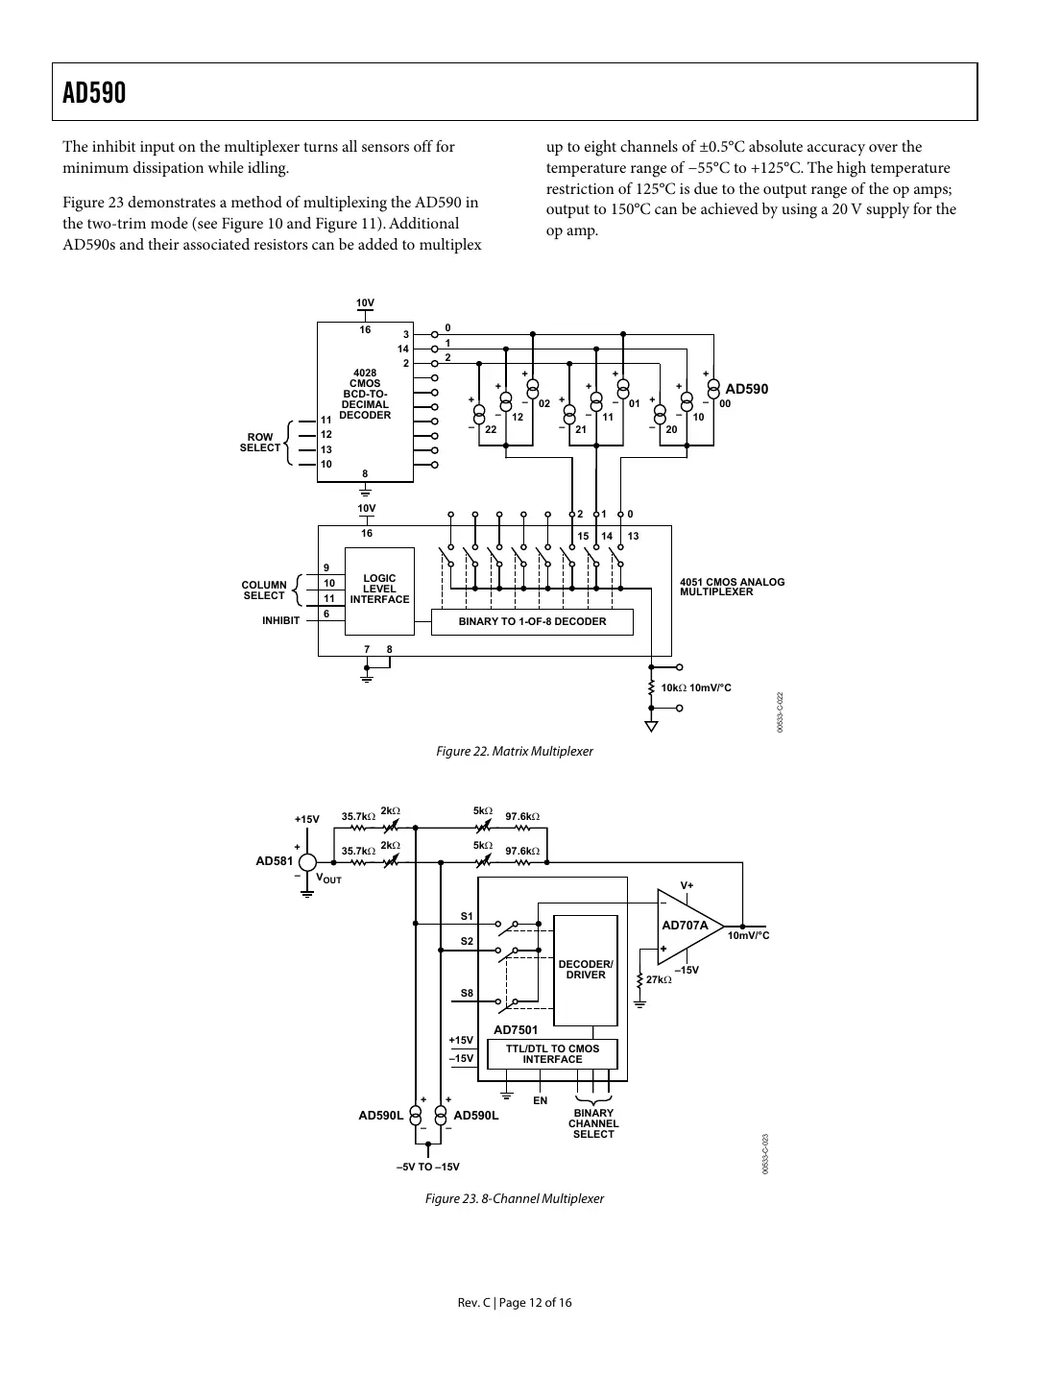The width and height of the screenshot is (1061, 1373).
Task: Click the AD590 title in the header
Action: pos(94,93)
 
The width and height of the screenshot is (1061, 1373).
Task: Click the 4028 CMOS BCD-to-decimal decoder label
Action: pos(365,394)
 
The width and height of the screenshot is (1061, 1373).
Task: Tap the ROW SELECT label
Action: pos(260,443)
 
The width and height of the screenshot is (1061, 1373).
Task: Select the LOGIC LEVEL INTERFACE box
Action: pos(379,590)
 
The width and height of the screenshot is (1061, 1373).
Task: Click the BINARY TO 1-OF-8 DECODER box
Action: pos(532,621)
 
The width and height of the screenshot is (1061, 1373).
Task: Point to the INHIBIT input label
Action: pos(280,620)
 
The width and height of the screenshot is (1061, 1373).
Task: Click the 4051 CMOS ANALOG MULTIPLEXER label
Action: pos(732,587)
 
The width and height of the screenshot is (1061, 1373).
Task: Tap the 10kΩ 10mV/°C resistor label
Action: pos(696,687)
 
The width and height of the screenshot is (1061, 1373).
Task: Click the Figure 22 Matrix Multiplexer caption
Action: pos(515,751)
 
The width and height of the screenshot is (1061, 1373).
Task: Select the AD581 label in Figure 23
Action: pos(274,861)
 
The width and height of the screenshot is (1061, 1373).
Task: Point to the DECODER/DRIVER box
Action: pos(586,970)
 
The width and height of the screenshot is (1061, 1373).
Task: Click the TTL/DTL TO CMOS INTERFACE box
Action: pos(552,1054)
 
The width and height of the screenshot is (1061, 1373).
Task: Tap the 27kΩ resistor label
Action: pos(659,979)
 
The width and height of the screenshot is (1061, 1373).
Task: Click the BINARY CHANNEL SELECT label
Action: pos(593,1123)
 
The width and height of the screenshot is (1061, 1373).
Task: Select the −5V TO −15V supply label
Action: pos(428,1167)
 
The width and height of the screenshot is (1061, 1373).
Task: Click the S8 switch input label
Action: pos(466,993)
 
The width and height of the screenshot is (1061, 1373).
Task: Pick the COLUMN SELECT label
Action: pos(264,590)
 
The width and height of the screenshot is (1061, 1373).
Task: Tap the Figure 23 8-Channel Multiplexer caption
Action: pos(515,1198)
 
